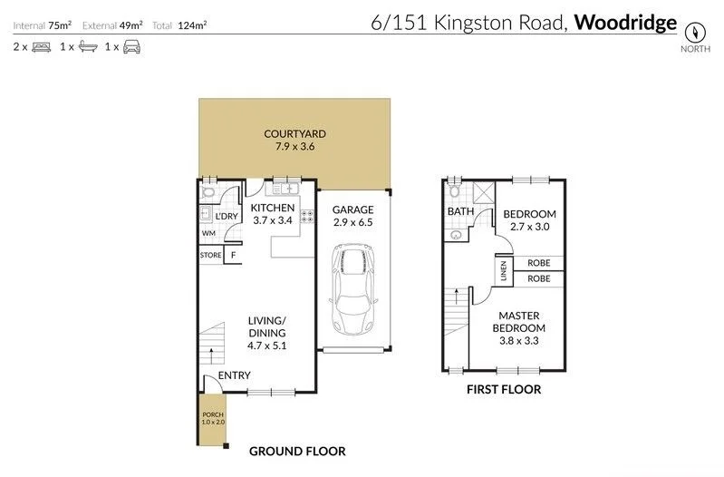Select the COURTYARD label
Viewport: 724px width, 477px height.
click(294, 134)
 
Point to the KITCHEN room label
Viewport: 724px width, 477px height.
click(273, 208)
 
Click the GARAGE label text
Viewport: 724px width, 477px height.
click(352, 209)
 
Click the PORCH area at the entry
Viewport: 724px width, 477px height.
click(212, 419)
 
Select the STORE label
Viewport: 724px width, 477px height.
click(210, 256)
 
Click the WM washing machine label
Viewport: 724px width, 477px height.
click(208, 233)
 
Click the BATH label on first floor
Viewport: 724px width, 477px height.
click(460, 212)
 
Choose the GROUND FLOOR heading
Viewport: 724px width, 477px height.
click(297, 451)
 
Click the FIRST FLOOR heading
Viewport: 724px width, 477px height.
click(504, 390)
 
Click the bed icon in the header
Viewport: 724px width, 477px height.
click(41, 46)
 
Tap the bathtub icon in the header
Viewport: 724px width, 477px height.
click(86, 46)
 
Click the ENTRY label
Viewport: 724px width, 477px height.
click(234, 375)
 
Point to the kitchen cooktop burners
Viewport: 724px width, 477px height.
click(307, 217)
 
